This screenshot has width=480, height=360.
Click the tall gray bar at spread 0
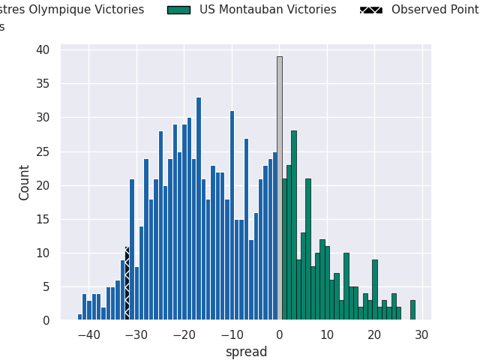pyautogui.click(x=280, y=188)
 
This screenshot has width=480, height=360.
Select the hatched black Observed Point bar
pyautogui.click(x=127, y=283)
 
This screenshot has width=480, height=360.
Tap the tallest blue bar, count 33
pyautogui.click(x=199, y=209)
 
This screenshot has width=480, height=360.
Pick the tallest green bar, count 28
pyautogui.click(x=294, y=226)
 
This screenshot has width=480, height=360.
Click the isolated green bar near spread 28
pyautogui.click(x=412, y=310)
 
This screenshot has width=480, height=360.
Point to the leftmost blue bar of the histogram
pyautogui.click(x=79, y=317)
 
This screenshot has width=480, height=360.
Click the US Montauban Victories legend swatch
pyautogui.click(x=178, y=10)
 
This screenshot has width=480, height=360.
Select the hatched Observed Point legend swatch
pyautogui.click(x=370, y=10)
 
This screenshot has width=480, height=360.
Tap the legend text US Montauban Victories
pyautogui.click(x=268, y=10)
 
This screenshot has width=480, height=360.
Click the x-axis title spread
pyautogui.click(x=246, y=352)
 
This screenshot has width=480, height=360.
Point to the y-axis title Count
pyautogui.click(x=25, y=182)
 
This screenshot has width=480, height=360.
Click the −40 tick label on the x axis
pyautogui.click(x=88, y=335)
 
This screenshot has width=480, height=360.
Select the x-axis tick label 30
pyautogui.click(x=422, y=335)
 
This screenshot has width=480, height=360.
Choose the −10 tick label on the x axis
pyautogui.click(x=232, y=335)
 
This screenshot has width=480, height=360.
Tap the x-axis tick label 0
pyautogui.click(x=280, y=335)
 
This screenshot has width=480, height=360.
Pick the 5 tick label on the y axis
pyautogui.click(x=46, y=286)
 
